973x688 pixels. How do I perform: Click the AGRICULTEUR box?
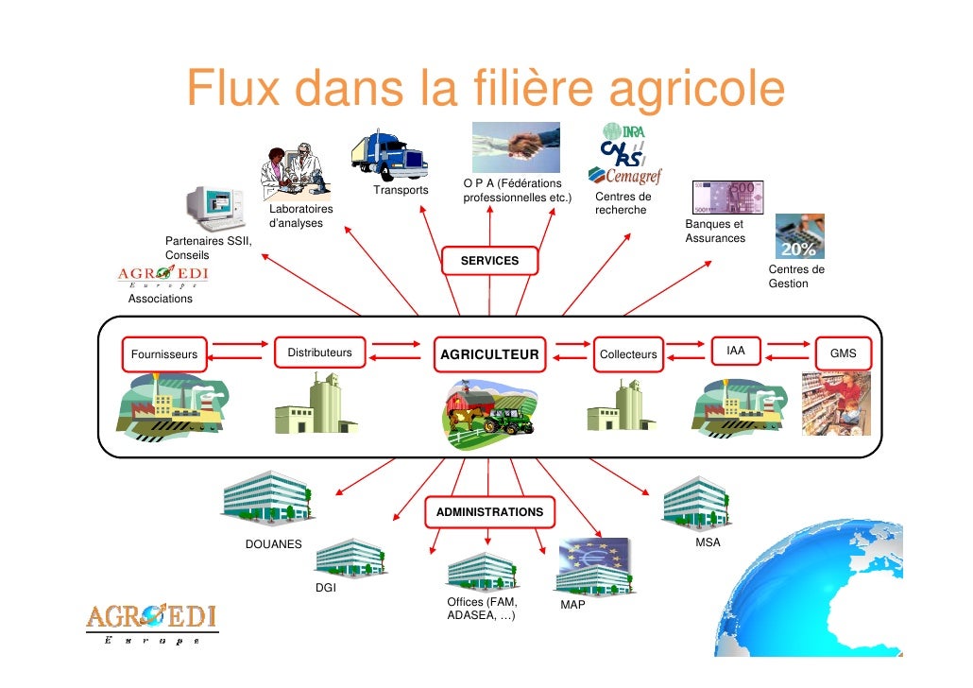coord(489,354)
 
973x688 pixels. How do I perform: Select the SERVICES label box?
coord(489,260)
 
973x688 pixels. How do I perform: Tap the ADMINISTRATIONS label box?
coord(489,511)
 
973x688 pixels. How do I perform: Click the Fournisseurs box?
coord(164,354)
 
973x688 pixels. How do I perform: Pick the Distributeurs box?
coord(319,353)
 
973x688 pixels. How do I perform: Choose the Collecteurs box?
coord(628,354)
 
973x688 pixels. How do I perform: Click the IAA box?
coord(736,352)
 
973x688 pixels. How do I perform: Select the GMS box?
coord(843,354)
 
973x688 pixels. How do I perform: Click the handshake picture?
coord(516,146)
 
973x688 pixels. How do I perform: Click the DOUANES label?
coord(274,544)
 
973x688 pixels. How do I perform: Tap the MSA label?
coord(708,543)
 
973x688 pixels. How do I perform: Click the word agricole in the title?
coord(698,90)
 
